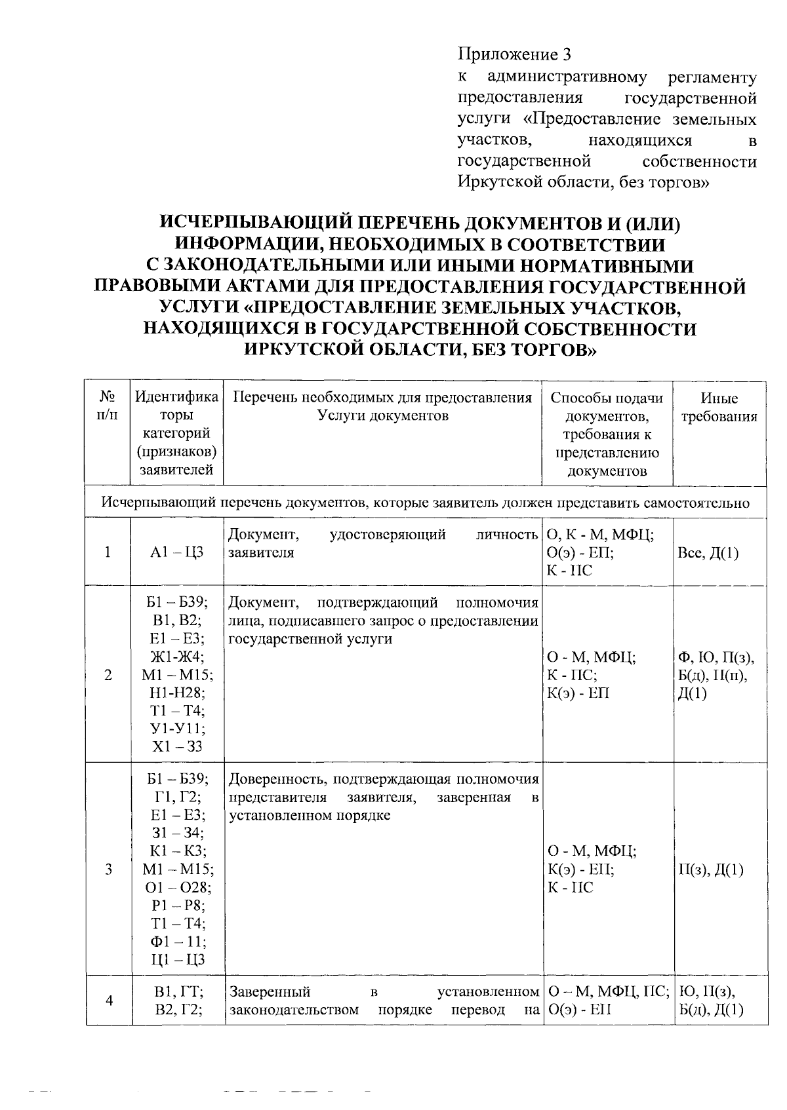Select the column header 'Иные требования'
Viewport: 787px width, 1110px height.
coord(719,408)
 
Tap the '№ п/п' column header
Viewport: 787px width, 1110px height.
coord(108,408)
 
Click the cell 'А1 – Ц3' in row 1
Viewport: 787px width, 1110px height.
coord(177,552)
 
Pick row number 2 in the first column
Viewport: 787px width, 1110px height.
coord(108,675)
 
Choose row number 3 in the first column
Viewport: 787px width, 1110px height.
coord(108,870)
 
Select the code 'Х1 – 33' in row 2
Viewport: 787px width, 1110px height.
coord(177,747)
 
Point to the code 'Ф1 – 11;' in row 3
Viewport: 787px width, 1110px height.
coord(177,942)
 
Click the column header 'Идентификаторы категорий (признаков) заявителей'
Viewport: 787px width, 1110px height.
coord(177,433)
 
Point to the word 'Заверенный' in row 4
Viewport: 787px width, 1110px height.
coord(269,991)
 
